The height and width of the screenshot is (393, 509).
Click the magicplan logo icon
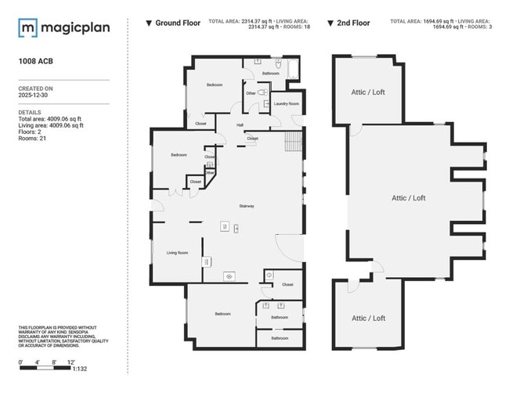(x=28, y=28)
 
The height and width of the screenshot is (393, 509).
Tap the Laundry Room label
(x=286, y=103)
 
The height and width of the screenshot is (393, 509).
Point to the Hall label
(x=240, y=124)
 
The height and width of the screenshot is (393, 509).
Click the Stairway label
(x=247, y=206)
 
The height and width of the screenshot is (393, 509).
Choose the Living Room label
(x=177, y=253)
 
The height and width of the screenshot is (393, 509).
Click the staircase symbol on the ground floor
(x=292, y=142)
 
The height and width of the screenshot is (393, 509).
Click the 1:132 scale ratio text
(x=78, y=368)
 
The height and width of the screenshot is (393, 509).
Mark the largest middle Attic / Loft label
(x=408, y=198)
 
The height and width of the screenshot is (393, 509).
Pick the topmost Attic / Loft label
(x=367, y=92)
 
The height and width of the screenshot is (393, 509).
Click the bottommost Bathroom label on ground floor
(x=280, y=338)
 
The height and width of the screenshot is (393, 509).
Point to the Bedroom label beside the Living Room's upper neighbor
(x=179, y=155)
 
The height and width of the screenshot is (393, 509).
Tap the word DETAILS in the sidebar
(x=29, y=112)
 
